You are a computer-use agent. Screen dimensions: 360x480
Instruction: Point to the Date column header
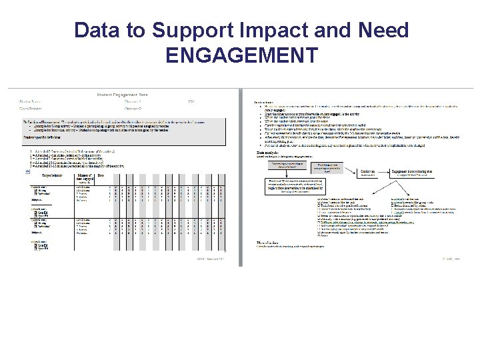click(101, 175)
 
